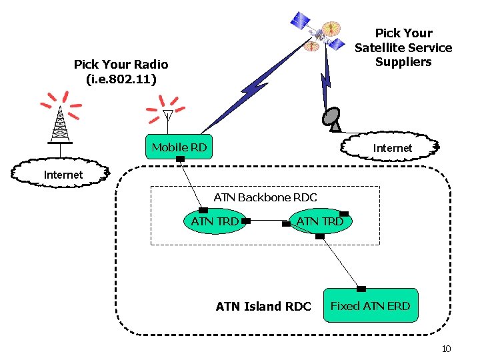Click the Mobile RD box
pos(179,147)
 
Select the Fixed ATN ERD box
pos(371,306)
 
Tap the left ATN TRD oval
pos(215,221)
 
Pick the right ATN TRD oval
pos(320,221)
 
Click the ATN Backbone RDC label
pos(265,197)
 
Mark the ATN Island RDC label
pos(263,307)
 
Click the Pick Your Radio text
pos(121,72)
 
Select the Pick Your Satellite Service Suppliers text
pos(403,47)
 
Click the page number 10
pos(447,349)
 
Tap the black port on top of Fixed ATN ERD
pos(361,289)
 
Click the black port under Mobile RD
pos(180,159)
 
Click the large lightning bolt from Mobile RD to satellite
pos(257,83)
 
